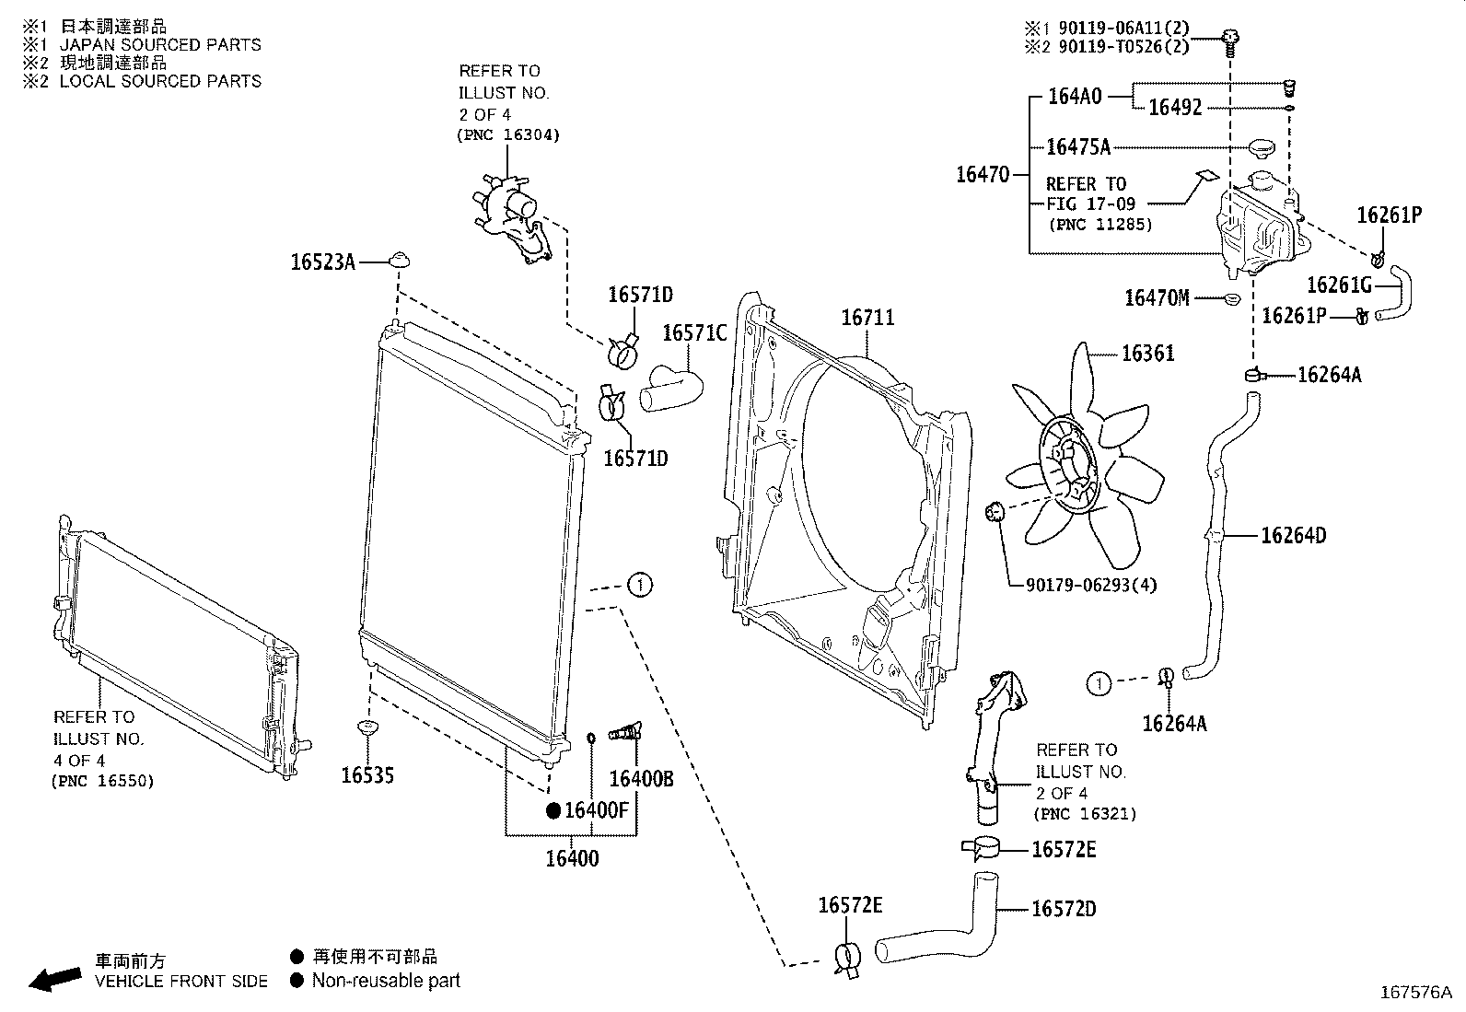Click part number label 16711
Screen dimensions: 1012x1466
867,318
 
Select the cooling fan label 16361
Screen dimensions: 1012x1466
1147,354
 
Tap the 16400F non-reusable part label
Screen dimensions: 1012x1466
596,810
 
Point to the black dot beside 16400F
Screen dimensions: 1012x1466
553,810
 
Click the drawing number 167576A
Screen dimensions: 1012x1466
1415,993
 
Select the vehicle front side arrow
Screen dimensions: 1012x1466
54,979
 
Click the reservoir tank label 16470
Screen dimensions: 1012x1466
982,174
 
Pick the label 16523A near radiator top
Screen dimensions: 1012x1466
322,262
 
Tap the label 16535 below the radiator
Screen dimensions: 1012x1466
367,775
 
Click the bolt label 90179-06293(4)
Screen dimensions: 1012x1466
1091,585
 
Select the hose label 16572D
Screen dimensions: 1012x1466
1064,909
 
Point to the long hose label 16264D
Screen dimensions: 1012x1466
1293,535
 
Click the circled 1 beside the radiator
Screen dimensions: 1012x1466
640,585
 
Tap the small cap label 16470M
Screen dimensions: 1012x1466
1157,297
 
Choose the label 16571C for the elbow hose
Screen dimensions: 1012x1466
694,332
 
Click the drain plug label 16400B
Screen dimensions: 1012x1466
642,779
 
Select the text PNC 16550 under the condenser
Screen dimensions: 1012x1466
102,781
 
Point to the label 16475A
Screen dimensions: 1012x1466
1078,146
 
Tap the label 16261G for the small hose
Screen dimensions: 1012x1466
1339,285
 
